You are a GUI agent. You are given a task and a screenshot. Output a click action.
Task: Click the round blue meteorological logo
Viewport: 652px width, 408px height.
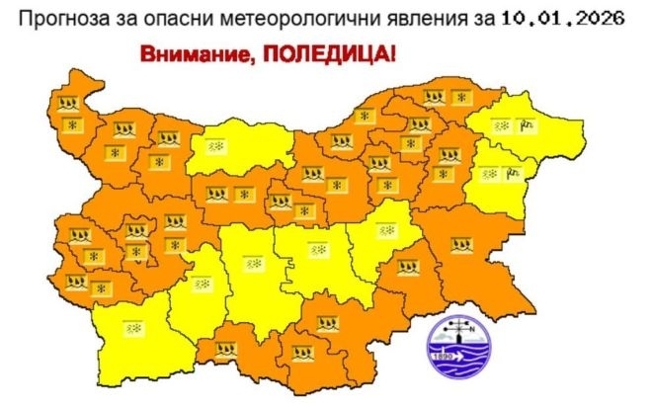click(x=455, y=348)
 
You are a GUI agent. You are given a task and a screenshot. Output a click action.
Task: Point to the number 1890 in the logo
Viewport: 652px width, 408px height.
click(x=442, y=355)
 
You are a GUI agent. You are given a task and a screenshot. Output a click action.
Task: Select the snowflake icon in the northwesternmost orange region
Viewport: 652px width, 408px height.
click(x=70, y=124)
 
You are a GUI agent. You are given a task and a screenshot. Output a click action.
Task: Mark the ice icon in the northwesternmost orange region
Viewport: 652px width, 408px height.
click(x=68, y=103)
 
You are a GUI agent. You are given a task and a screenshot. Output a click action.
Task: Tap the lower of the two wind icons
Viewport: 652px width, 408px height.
click(x=513, y=173)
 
